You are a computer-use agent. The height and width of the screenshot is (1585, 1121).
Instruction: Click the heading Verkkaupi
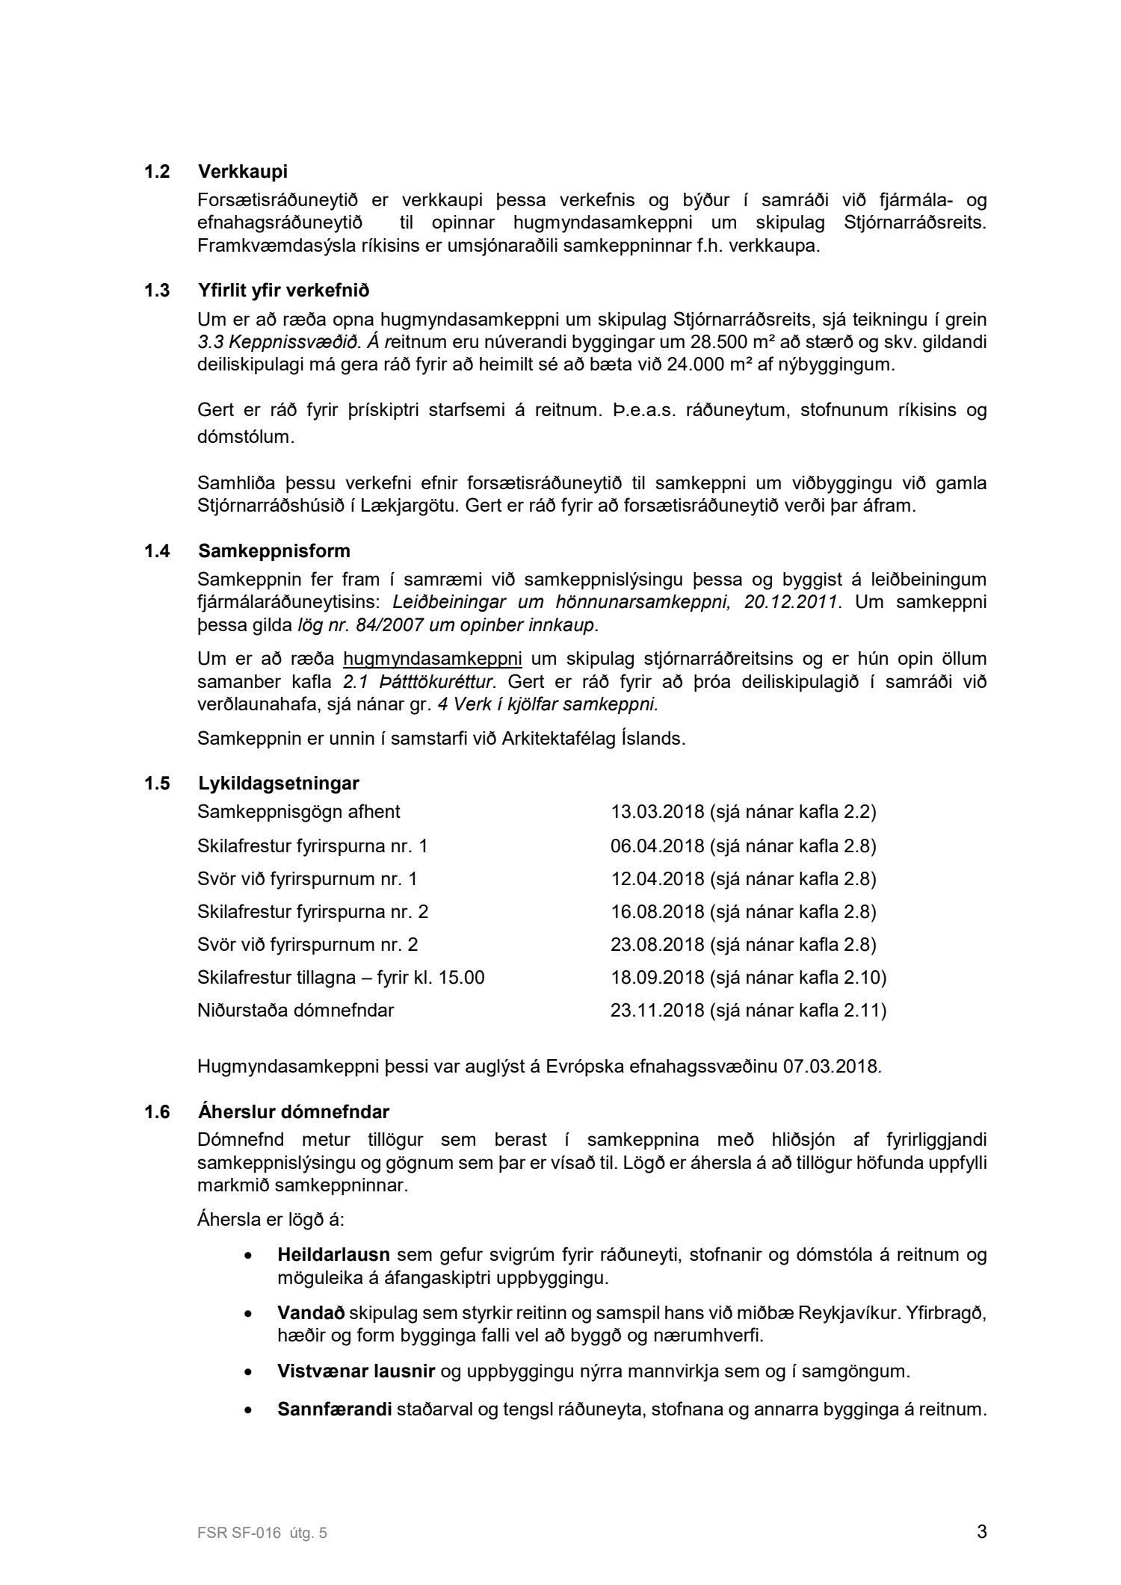(243, 172)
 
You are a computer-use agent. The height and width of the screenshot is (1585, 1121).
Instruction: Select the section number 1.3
(157, 290)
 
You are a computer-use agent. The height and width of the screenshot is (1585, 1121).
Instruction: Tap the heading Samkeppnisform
(274, 551)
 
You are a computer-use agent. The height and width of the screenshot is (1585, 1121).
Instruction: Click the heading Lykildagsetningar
(279, 784)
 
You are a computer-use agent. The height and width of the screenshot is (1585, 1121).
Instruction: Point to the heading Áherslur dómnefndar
(294, 1112)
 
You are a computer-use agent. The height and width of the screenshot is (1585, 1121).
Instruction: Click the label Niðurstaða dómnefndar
(295, 1011)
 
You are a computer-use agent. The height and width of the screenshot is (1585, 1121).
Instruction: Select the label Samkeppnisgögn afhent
(299, 812)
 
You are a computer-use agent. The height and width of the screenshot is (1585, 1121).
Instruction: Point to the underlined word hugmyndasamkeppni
(432, 660)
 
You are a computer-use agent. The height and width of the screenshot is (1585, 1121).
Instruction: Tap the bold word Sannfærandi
(335, 1410)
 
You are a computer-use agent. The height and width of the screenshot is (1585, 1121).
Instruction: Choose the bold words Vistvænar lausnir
(356, 1371)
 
